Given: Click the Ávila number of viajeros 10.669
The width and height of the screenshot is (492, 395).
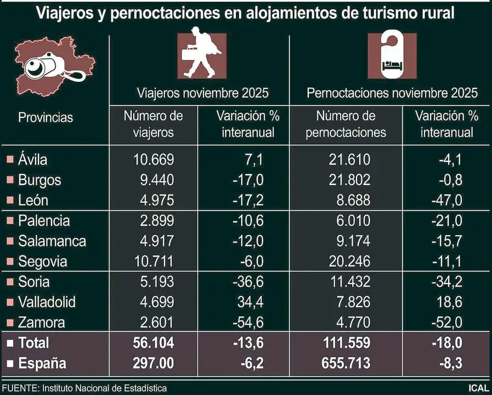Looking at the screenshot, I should point(153,160).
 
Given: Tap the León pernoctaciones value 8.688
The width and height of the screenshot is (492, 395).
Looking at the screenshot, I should point(350,200).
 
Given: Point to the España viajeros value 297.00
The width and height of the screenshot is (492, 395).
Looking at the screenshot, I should point(153,363).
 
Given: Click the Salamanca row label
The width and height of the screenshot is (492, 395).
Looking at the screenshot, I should point(52,241).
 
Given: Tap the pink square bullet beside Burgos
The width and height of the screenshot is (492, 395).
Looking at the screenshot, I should point(9,180).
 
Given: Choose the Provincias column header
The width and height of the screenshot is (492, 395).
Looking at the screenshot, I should point(45,117).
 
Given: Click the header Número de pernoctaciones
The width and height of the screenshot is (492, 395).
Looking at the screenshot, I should point(346,124).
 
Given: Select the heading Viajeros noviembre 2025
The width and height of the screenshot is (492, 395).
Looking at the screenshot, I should point(202,93).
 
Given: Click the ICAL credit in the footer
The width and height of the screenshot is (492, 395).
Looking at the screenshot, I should point(478,388).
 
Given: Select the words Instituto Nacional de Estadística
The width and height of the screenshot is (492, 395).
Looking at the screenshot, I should point(104,388).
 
